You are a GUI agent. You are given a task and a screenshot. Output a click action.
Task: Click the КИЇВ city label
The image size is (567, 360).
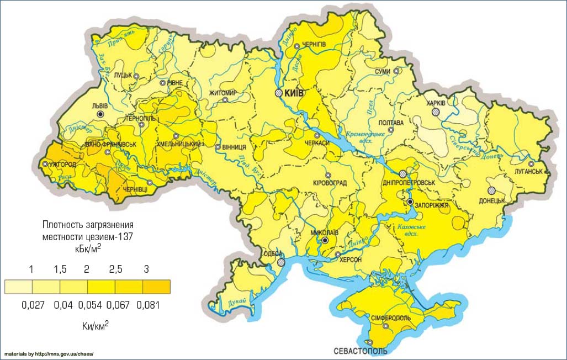(294, 93)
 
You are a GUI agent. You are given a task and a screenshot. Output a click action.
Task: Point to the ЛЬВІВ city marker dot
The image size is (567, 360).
(100, 114)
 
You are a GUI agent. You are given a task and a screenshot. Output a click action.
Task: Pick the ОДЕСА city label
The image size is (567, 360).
(273, 253)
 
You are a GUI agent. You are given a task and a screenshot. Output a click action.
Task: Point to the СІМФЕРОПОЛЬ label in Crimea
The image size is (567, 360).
(390, 319)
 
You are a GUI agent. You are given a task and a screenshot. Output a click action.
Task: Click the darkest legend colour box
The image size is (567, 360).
(156, 287)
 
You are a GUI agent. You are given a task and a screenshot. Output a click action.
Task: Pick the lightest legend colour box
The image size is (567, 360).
(18, 287)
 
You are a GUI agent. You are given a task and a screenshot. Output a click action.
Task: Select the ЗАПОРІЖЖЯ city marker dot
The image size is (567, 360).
(410, 202)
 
